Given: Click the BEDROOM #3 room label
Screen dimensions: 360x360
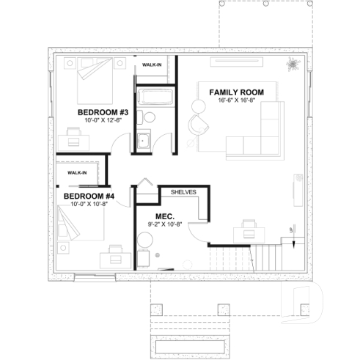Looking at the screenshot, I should (103, 112).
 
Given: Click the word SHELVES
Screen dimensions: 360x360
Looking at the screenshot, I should (183, 191).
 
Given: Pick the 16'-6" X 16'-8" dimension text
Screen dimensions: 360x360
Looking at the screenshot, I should (236, 100).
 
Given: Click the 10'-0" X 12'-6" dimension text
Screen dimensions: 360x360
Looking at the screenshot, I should (103, 120).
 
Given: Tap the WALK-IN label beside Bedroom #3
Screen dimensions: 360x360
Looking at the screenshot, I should (153, 65).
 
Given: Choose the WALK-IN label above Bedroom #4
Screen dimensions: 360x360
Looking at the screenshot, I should (76, 173).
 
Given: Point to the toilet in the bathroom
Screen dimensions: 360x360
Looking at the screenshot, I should (148, 117).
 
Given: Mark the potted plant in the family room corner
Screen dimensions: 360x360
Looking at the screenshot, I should (293, 64).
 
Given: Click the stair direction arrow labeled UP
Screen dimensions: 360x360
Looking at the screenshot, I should (291, 232).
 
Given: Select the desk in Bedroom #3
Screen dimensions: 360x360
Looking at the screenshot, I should (74, 133).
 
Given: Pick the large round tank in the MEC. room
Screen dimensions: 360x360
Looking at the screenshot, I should (144, 257).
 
